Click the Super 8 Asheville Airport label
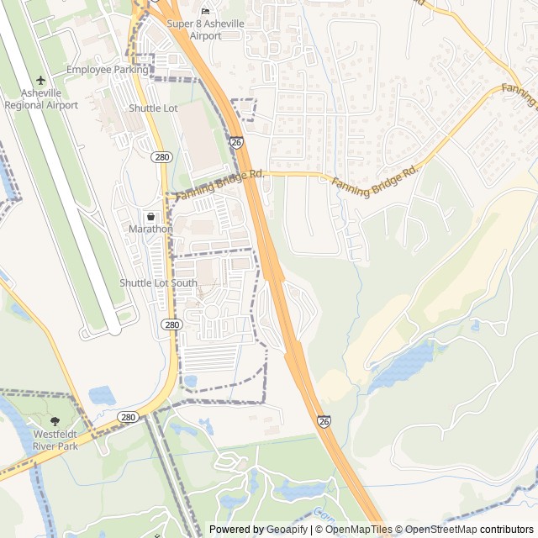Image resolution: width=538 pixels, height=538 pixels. pyautogui.click(x=206, y=29)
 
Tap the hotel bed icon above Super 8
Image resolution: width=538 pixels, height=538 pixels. pyautogui.click(x=206, y=11)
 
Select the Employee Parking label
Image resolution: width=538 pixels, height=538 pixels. pyautogui.click(x=107, y=69)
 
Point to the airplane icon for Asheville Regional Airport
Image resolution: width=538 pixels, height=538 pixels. pyautogui.click(x=40, y=81)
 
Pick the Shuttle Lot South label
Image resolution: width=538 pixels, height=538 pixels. pyautogui.click(x=158, y=283)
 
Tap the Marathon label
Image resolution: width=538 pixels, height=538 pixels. pyautogui.click(x=151, y=229)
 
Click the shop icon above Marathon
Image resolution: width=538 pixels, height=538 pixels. pyautogui.click(x=151, y=216)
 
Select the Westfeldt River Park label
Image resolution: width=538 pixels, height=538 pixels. pyautogui.click(x=55, y=440)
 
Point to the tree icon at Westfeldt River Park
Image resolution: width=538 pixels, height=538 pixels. pyautogui.click(x=55, y=420)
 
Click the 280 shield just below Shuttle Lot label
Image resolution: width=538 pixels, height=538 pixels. pyautogui.click(x=162, y=157)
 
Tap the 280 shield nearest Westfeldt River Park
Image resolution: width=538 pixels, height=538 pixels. pyautogui.click(x=128, y=417)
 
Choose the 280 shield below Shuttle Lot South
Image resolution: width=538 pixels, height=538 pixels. pyautogui.click(x=171, y=324)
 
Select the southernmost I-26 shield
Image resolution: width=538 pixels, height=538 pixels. pyautogui.click(x=324, y=420)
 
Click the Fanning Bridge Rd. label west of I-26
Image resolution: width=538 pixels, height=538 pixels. pyautogui.click(x=220, y=185)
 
